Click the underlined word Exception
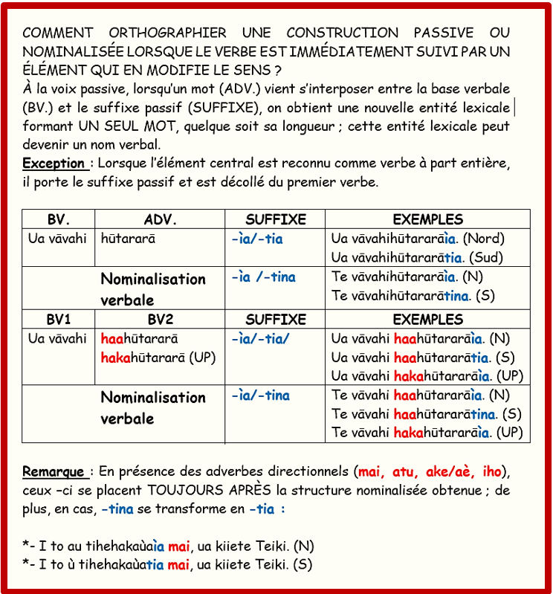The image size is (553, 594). (54, 164)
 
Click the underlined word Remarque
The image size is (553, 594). (55, 472)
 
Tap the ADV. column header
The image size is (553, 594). (160, 219)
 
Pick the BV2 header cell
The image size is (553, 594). (160, 319)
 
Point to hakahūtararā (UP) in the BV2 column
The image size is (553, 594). (158, 358)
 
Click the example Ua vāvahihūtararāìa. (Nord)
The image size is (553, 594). (417, 239)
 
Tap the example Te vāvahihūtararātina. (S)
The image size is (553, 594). (413, 296)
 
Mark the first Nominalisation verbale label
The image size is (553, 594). (153, 289)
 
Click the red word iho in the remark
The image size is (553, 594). (493, 472)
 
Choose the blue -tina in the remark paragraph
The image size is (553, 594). (117, 509)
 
